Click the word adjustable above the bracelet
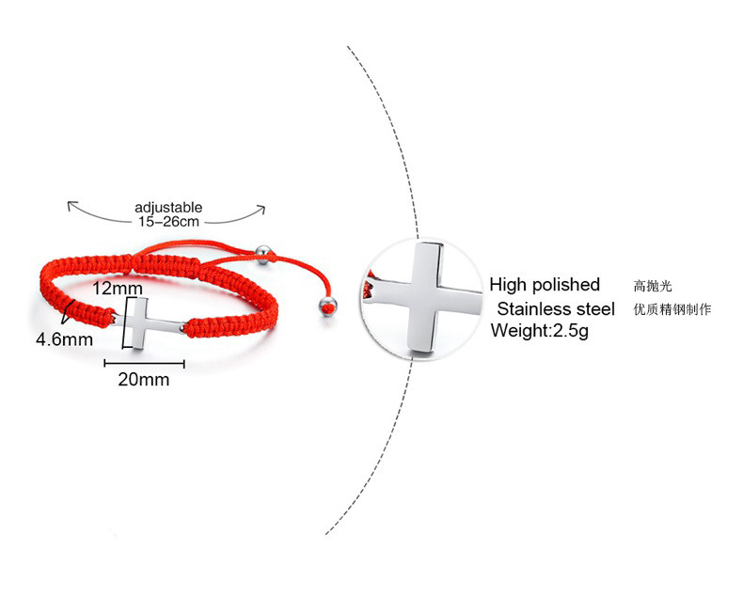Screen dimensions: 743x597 [x=168, y=207]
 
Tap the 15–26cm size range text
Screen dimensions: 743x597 [x=167, y=222]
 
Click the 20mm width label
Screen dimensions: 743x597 [x=144, y=380]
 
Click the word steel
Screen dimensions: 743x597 [x=597, y=309]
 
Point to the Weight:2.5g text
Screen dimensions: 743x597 [x=539, y=331]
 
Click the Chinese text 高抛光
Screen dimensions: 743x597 [x=654, y=286]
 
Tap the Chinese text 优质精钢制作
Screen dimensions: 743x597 [x=672, y=309]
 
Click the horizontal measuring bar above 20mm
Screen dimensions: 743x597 [x=144, y=363]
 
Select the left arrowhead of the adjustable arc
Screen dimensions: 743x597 [x=69, y=204]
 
